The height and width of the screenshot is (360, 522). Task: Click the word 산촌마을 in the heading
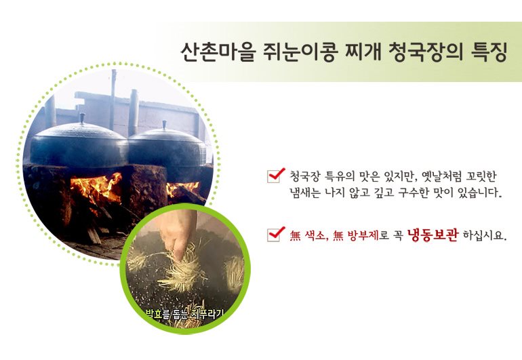pos(218,52)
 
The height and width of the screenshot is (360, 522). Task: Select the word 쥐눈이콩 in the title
pos(298,52)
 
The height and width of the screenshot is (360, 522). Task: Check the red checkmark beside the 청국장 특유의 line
pos(277,175)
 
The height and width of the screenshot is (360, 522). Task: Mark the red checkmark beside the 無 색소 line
pos(277,233)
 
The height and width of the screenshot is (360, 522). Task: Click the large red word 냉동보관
pos(433,235)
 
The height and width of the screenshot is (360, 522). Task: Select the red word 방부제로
pos(367,235)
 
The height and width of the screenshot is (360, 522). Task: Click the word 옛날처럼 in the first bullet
pos(441,176)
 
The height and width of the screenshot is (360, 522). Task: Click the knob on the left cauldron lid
pos(82,118)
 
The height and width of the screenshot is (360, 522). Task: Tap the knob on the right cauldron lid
pos(164,125)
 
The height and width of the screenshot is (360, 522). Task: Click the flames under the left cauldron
pos(96,189)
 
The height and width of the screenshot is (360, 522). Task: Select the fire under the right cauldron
pos(182,189)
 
